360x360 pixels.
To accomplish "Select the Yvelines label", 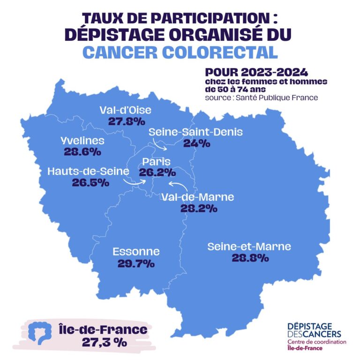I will coord(82,141).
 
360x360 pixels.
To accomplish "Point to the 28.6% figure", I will coord(82,152).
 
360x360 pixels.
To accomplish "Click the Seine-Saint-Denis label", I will coord(195,132).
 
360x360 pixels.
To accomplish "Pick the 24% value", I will coord(197,143).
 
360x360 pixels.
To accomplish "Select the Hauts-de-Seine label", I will coord(88,172).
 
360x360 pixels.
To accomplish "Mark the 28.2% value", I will coord(199,209).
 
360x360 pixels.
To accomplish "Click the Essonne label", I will coord(136,252).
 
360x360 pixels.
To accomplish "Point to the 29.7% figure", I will coord(136,263).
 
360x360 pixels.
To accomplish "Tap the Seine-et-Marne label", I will coord(249,247).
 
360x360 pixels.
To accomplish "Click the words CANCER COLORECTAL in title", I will coord(180,52).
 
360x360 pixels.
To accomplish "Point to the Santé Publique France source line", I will coord(262,98).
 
